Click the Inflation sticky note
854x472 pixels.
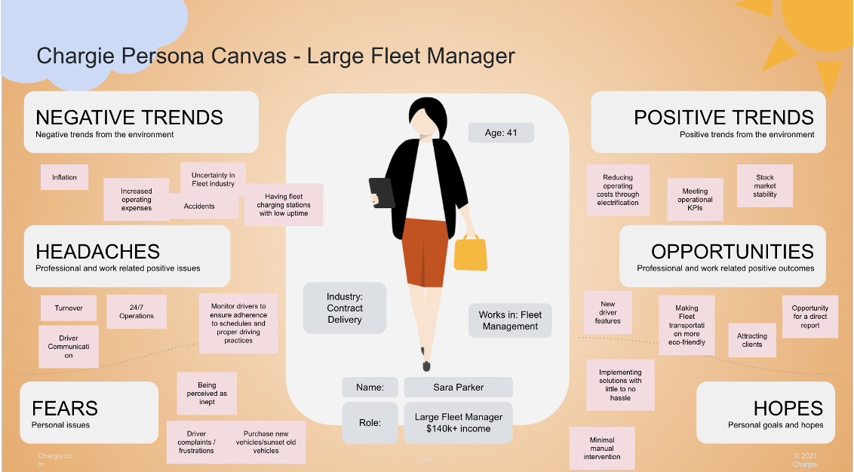tap(64, 177)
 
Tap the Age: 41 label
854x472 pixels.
tap(501, 133)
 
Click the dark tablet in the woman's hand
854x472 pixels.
tap(382, 192)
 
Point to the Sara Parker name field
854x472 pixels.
tap(458, 388)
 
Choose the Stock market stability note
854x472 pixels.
tap(764, 185)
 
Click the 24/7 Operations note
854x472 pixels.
tap(137, 311)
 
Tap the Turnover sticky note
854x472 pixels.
tap(69, 308)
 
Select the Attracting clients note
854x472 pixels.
tap(751, 340)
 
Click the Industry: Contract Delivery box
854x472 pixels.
tap(344, 308)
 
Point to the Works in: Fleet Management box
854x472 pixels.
tap(510, 320)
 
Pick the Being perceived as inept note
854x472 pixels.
tap(207, 393)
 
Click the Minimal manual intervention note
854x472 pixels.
tap(602, 448)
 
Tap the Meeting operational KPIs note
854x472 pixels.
tap(695, 199)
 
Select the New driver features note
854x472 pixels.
tap(607, 313)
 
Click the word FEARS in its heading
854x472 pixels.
tap(65, 409)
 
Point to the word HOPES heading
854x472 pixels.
tap(788, 409)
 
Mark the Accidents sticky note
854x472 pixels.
tap(199, 207)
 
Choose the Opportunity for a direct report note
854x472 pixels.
tap(809, 317)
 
